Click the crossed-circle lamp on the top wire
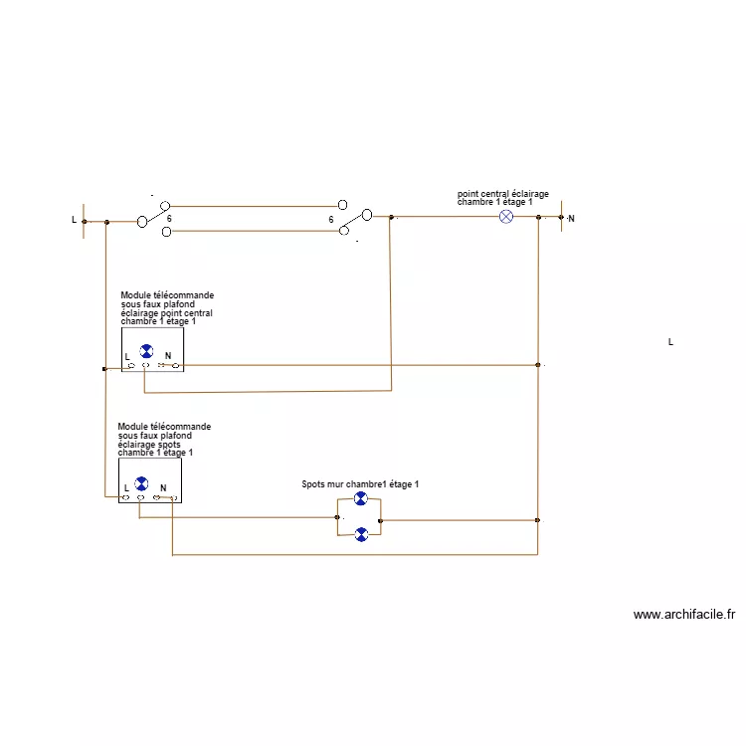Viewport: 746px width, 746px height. point(505,217)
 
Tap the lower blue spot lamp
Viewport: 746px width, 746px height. point(361,534)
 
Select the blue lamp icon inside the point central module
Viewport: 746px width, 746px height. point(147,351)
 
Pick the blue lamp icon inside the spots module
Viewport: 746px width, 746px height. point(141,483)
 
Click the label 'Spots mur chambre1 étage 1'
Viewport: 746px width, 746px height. point(360,483)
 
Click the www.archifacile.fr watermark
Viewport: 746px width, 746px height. point(684,615)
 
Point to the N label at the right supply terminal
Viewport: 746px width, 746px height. point(571,218)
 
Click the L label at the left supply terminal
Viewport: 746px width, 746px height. point(74,219)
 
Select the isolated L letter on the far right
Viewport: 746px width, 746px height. point(670,342)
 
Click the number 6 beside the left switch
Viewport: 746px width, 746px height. point(169,219)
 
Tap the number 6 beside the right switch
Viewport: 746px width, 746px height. point(330,219)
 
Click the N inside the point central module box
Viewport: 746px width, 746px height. point(167,355)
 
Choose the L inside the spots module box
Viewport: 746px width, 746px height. point(126,487)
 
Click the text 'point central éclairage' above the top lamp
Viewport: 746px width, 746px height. point(502,194)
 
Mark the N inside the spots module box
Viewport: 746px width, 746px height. point(163,487)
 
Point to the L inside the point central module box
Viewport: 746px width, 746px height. point(127,355)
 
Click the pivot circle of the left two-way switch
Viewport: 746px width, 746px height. point(142,221)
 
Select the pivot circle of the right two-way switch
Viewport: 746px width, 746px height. point(367,214)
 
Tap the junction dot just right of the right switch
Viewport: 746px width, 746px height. point(391,217)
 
